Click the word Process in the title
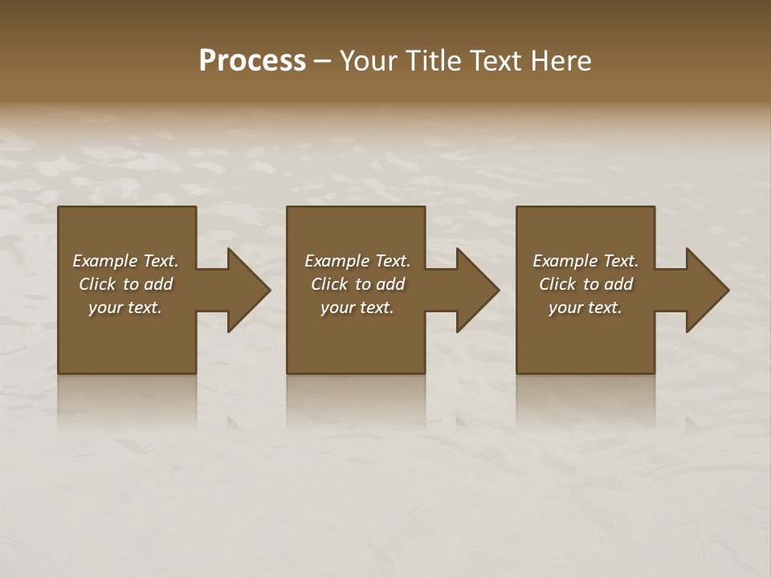252,61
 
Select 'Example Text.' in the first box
125,261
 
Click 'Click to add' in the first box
125,284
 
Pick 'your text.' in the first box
125,307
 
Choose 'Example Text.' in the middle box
357,261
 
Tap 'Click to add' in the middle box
357,284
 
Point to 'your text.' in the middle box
357,307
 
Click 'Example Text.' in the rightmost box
585,261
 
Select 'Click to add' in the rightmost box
585,284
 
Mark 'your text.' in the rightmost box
585,307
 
